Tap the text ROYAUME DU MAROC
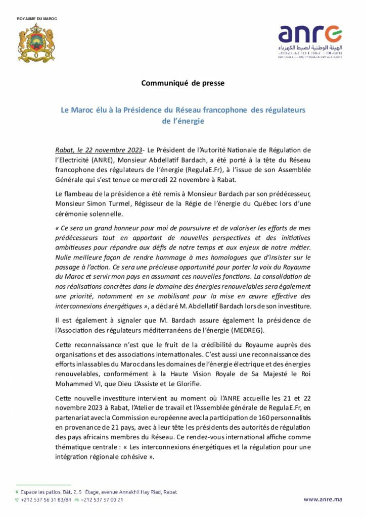click(x=37, y=19)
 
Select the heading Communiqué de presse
click(x=182, y=83)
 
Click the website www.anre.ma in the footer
click(x=323, y=499)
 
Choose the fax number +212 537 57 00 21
click(x=102, y=500)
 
